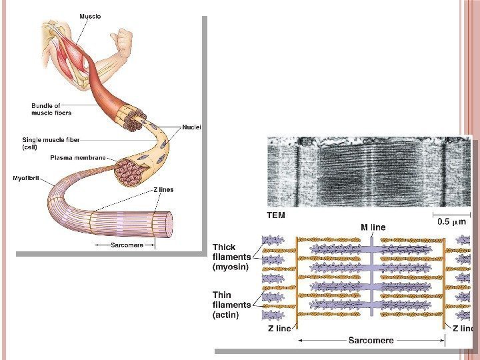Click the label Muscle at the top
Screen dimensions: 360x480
[91, 16]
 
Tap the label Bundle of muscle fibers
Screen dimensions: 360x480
[51, 109]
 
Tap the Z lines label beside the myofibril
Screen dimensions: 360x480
[163, 189]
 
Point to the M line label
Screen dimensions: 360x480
[373, 227]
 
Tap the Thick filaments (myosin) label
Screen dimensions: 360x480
[231, 257]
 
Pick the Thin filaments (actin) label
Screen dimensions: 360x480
[231, 304]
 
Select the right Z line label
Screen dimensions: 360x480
[462, 328]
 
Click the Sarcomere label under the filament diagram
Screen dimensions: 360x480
[371, 340]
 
